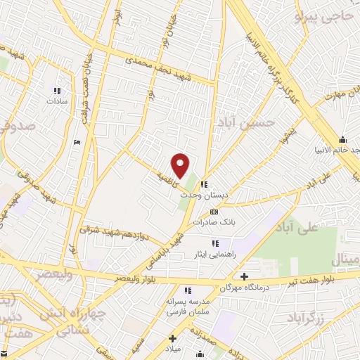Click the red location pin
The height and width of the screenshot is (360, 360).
pos(181,166)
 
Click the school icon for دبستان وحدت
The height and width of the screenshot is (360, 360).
pos(204,184)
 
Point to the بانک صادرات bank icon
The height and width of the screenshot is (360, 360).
pos(214,211)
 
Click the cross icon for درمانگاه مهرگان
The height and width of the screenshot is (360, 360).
pos(244,276)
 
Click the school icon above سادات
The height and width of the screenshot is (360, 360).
pos(58,91)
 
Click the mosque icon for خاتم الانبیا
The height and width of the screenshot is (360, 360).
pos(342,139)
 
